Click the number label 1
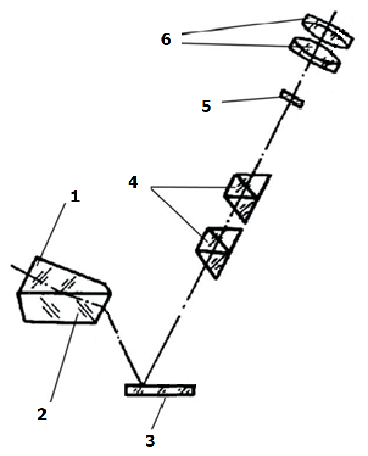[x=75, y=196]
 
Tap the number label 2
[x=42, y=414]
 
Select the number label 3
[x=150, y=441]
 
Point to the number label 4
[x=133, y=183]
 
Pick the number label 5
[x=206, y=106]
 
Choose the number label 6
[x=166, y=39]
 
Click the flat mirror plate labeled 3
[x=160, y=390]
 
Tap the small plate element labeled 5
[x=292, y=99]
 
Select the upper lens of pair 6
[x=328, y=31]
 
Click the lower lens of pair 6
[x=315, y=55]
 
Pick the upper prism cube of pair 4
[x=247, y=198]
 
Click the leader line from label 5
[x=252, y=100]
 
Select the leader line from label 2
[x=64, y=358]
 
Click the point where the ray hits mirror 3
[x=143, y=384]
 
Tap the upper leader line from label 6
[x=242, y=26]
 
